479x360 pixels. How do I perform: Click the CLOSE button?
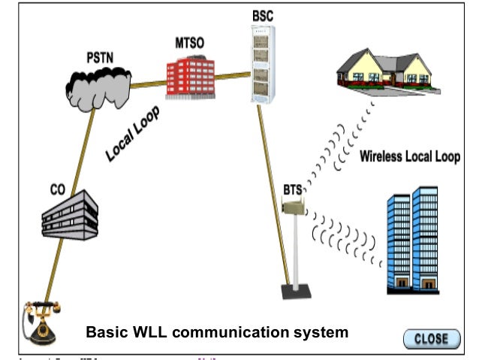431,338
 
